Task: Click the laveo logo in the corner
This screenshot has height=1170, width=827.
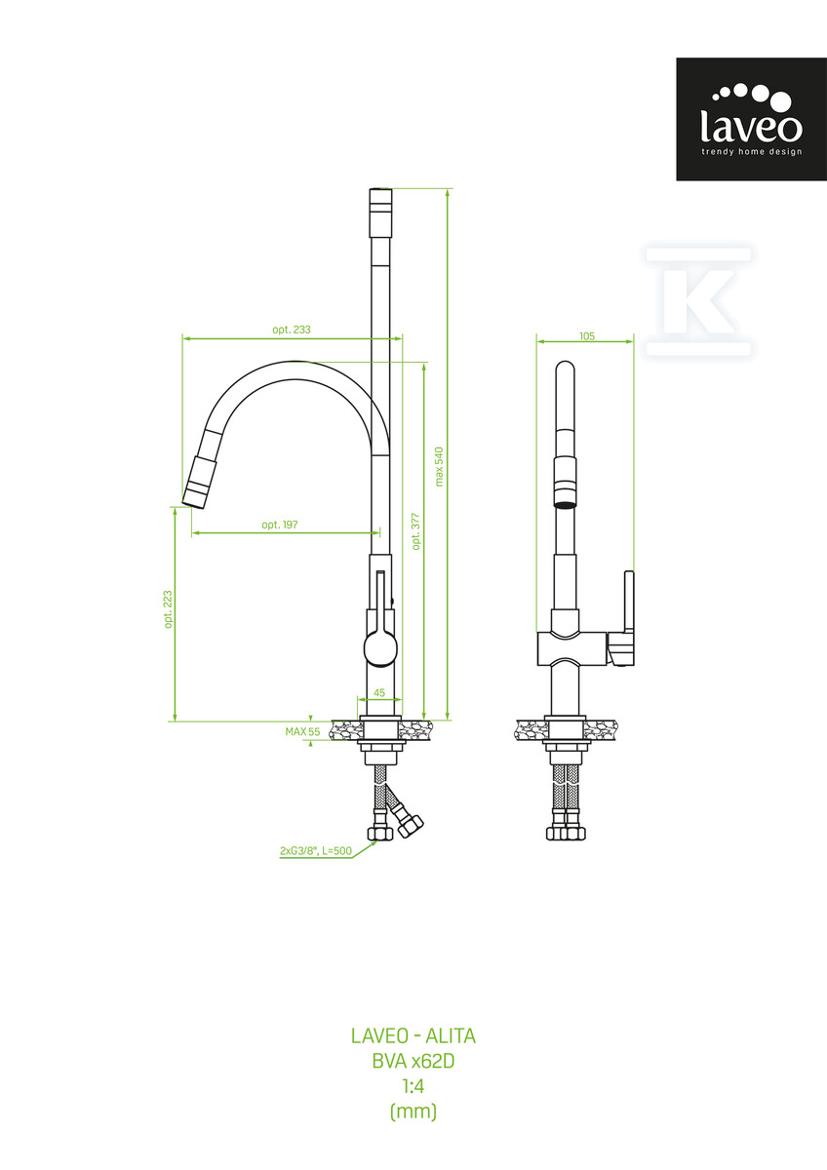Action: coord(751,119)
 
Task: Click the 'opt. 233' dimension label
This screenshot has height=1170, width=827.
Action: coord(292,330)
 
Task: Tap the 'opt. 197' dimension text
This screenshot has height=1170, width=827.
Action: coord(280,525)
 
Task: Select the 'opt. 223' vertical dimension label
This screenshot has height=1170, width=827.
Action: coord(168,609)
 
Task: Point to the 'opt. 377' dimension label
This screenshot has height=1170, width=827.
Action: coord(415,531)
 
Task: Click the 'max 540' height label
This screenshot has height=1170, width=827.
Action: coord(439,467)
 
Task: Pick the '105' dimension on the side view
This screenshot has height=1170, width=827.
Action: coord(587,336)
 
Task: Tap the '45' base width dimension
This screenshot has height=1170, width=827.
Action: coord(379,692)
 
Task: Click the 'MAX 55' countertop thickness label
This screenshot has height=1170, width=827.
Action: coord(302,732)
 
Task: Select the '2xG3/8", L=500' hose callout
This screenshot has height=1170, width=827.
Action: coord(316,851)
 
